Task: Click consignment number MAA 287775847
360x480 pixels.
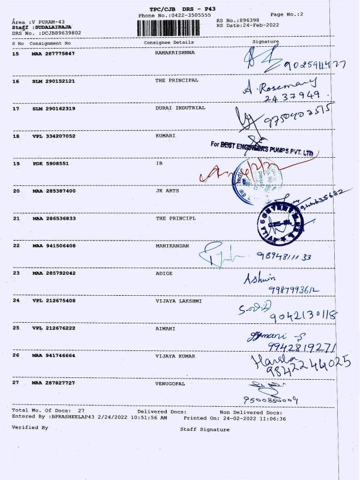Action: (53, 54)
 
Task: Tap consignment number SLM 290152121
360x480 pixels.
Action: (53, 80)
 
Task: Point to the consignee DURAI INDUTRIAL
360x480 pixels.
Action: (180, 108)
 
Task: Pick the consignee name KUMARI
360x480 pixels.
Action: (165, 136)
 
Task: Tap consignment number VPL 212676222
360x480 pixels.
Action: (53, 328)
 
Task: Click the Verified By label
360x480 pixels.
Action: (30, 428)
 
